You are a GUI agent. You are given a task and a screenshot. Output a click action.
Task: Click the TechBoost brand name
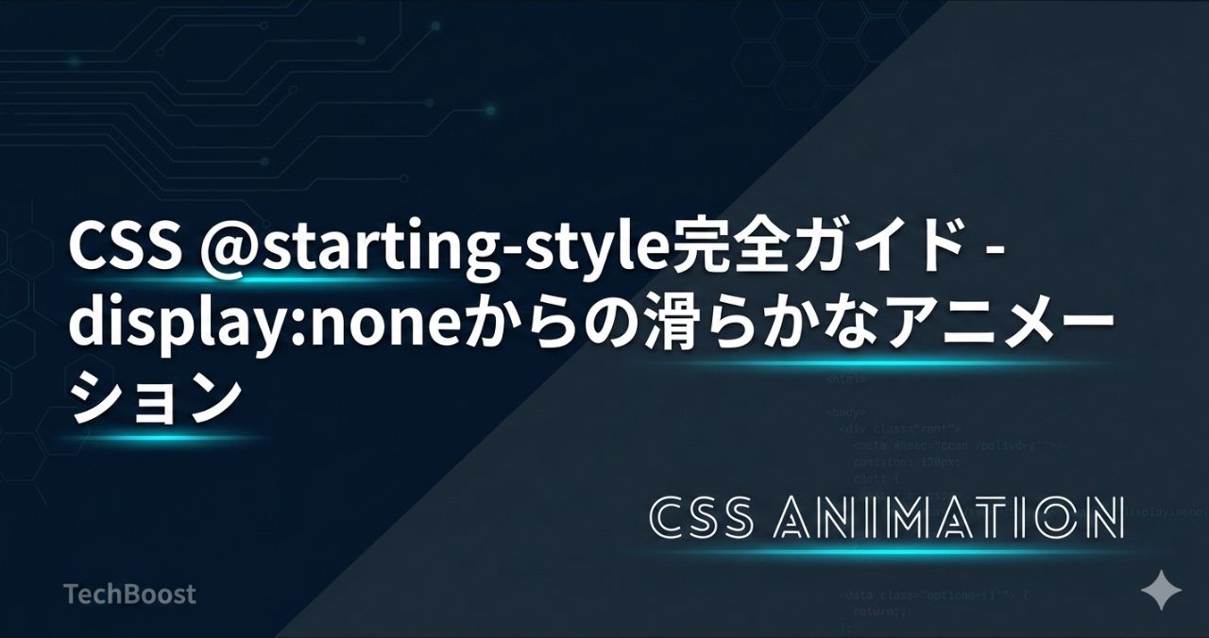point(129,594)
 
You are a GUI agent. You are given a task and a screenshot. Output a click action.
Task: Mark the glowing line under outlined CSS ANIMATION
point(883,552)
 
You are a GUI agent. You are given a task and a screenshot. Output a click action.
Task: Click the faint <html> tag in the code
point(845,378)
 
